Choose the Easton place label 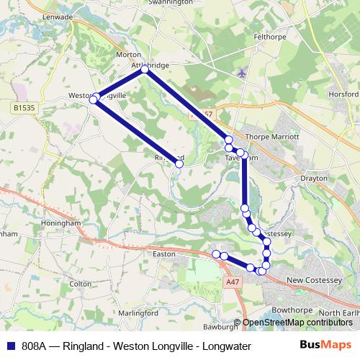(x=166, y=254)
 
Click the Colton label (x=81, y=284)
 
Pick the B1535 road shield (x=24, y=107)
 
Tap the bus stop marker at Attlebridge (x=145, y=70)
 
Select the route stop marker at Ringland (x=179, y=164)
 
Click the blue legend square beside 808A (x=11, y=346)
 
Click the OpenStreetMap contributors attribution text (x=297, y=323)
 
